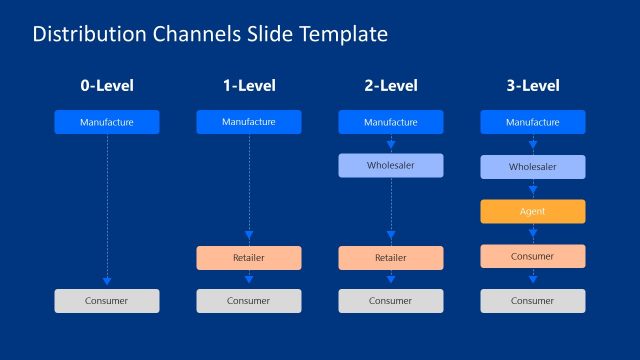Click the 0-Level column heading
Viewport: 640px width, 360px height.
point(106,87)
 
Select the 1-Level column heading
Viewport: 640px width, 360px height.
point(248,87)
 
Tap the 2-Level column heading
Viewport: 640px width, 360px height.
point(390,87)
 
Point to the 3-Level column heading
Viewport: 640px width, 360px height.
point(533,87)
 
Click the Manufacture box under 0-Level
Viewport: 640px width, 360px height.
point(106,123)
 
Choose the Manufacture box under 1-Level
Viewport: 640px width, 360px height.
point(248,123)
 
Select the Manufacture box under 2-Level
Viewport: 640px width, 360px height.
point(390,123)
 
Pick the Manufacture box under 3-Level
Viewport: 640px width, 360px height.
point(533,123)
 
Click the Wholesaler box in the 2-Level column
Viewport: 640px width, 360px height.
point(390,166)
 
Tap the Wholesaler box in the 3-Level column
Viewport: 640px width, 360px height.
point(533,167)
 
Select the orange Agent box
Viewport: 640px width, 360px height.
point(533,212)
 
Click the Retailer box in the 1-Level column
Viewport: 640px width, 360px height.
point(248,258)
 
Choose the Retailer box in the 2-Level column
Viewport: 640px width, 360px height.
point(390,258)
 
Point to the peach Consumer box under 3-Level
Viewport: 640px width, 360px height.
point(533,256)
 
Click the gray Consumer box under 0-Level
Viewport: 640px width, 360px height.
point(106,301)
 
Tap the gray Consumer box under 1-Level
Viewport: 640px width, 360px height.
point(248,301)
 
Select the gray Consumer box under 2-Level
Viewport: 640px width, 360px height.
point(390,301)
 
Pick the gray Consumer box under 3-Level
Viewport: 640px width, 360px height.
point(533,301)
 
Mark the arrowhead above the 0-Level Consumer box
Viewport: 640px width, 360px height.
point(106,282)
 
